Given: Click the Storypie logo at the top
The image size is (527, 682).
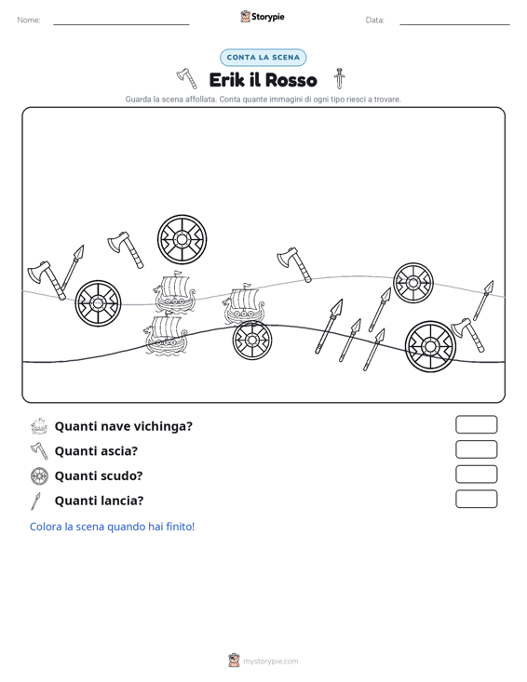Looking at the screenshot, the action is (263, 17).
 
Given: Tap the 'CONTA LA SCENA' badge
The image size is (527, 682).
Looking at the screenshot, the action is (263, 58).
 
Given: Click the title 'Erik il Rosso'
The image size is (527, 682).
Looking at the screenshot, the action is (263, 80).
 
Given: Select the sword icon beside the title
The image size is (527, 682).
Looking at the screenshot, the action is (340, 78).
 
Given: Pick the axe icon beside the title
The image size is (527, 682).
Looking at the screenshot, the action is (187, 78).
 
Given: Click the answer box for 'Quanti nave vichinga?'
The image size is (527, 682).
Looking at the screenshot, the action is (477, 424).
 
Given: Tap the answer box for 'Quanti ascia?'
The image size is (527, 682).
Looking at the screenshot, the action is (477, 449).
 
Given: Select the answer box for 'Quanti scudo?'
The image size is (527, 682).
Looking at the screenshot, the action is (477, 475).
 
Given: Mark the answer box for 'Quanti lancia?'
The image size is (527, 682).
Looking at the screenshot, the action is (477, 499).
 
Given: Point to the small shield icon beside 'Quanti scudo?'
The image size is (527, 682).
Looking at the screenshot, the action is (39, 475).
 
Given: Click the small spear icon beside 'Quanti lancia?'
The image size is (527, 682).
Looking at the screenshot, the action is (35, 501).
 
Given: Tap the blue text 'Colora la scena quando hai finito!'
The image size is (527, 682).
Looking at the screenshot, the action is (113, 527).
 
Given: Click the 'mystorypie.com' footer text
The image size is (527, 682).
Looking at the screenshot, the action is (271, 662).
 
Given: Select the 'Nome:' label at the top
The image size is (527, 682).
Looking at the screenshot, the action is (29, 20).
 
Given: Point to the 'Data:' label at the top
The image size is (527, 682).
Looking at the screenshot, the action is (374, 20).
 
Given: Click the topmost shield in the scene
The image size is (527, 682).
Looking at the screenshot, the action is (182, 239).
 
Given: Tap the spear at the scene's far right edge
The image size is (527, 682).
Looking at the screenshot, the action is (483, 301).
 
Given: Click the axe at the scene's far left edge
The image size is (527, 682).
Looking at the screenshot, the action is (47, 280).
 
